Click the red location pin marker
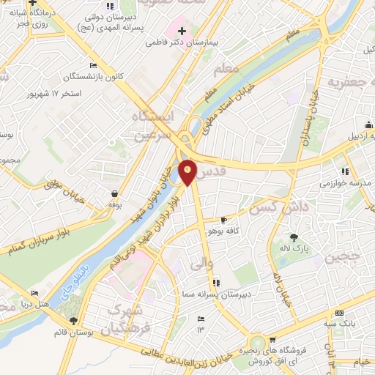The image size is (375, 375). [x=188, y=171]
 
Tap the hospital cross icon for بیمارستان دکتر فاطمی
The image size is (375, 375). [x=182, y=31]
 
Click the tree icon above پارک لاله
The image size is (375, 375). [x=294, y=237]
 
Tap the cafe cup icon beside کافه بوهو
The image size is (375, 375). [x=224, y=220]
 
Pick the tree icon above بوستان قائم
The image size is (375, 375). [x=73, y=321]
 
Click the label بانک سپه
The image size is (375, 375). [x=342, y=323]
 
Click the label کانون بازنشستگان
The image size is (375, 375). [x=70, y=76]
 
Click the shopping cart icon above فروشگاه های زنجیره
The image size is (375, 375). [x=272, y=339]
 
